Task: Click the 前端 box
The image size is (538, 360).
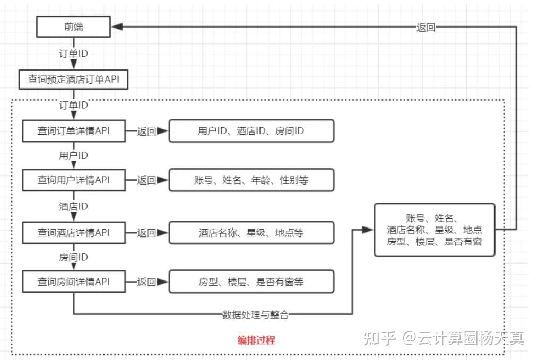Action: click(x=73, y=27)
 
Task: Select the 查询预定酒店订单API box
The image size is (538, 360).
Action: click(x=73, y=80)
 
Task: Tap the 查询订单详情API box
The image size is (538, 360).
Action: click(x=73, y=131)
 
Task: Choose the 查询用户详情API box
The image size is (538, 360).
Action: click(x=73, y=180)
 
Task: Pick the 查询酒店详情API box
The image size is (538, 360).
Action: click(x=73, y=232)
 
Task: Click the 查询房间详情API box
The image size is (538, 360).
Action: click(x=73, y=282)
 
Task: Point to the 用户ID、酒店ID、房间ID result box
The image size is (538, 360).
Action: click(x=251, y=131)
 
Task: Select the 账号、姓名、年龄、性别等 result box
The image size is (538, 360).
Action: click(x=251, y=180)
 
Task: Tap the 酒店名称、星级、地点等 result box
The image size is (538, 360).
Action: click(x=251, y=232)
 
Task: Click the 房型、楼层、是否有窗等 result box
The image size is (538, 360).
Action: click(x=251, y=282)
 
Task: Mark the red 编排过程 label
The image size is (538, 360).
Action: click(x=256, y=340)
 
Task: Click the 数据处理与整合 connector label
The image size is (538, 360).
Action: click(x=255, y=314)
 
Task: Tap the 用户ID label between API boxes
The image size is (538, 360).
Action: click(x=73, y=156)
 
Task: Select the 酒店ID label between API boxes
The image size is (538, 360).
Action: click(x=73, y=206)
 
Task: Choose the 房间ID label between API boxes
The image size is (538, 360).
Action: click(x=73, y=257)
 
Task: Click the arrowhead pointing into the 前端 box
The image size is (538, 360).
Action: click(x=117, y=27)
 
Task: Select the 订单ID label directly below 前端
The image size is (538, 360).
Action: click(x=73, y=54)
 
